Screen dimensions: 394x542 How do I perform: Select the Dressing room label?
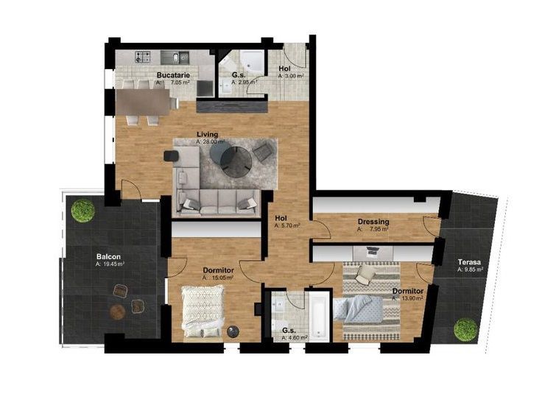(x=373, y=222)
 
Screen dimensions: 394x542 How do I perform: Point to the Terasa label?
(x=469, y=261)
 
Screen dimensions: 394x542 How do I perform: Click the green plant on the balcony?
(x=82, y=210)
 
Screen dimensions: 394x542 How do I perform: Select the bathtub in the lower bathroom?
(x=318, y=314)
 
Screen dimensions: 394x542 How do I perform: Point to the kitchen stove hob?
(x=143, y=57)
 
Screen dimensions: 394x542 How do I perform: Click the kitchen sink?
(x=169, y=57)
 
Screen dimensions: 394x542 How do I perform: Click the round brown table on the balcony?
(x=117, y=312)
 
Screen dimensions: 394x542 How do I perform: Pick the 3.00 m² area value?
(x=289, y=76)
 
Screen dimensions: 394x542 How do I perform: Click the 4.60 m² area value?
(x=295, y=338)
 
